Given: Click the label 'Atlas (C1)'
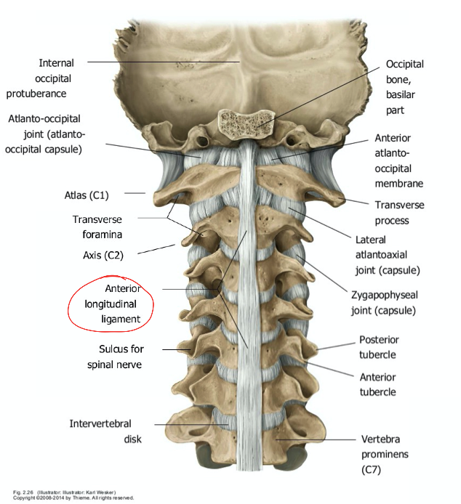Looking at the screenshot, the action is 88,195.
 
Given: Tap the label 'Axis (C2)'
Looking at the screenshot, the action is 103,255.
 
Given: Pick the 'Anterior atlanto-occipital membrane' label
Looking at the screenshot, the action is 398,160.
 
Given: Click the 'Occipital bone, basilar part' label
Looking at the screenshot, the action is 405,86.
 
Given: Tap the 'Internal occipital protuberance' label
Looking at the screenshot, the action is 47,78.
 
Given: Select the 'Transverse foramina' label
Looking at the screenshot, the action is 97,227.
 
